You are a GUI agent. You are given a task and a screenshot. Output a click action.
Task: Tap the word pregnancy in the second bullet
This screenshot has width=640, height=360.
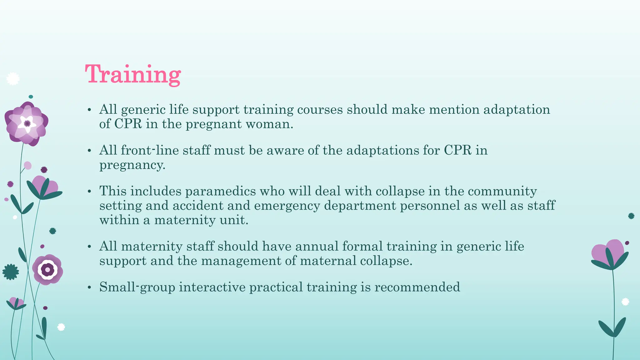[132, 165]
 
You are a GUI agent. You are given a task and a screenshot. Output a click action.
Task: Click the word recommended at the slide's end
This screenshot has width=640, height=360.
[417, 287]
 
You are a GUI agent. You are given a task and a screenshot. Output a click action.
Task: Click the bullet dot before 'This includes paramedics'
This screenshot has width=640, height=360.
[89, 191]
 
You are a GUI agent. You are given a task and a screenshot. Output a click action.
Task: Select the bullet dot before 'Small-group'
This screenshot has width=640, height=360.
[89, 287]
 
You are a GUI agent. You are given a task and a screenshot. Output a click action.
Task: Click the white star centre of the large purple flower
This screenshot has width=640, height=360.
[27, 124]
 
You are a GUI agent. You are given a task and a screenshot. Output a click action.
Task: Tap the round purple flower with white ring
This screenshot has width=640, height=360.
[47, 269]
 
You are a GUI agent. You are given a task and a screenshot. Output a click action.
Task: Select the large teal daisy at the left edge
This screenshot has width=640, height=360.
[11, 272]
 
